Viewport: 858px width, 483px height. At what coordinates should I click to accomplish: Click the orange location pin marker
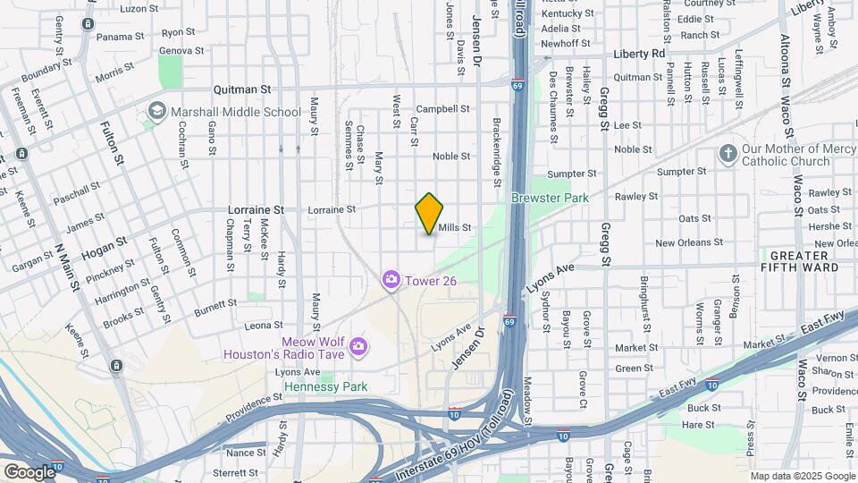pos(430,213)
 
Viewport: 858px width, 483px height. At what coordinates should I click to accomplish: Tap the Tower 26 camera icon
pos(391,281)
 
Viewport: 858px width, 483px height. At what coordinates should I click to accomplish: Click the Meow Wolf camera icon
pos(357,345)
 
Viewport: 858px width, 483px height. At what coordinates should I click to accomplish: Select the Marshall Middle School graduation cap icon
pos(157,112)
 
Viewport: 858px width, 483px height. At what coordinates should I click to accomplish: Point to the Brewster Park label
pos(550,197)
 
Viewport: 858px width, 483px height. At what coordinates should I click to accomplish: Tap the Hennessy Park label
pos(325,387)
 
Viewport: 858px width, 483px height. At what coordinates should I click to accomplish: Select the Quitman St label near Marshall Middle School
pos(241,89)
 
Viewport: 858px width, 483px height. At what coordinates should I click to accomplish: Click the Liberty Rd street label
pos(639,54)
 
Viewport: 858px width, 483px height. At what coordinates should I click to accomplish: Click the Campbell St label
pos(442,108)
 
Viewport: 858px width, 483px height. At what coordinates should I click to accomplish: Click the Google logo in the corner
pos(29,471)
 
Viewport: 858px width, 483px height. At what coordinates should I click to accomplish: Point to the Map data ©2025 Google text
pos(802,476)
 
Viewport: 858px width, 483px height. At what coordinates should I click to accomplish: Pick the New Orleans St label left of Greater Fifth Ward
pos(688,242)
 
